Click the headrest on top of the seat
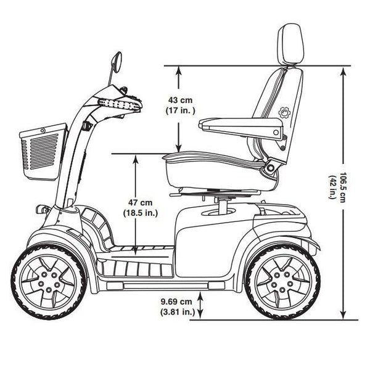290,43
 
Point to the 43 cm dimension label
179,100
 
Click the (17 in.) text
180,110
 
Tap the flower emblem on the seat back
284,113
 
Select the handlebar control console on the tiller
120,102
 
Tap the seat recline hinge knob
271,165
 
